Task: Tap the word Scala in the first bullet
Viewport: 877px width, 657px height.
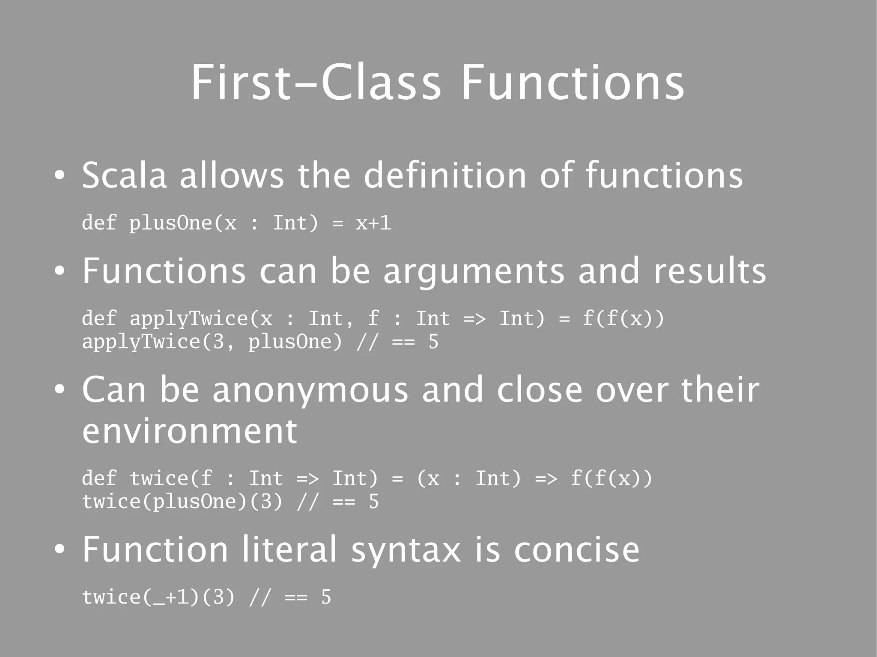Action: pos(124,175)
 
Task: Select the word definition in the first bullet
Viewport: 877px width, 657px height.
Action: pos(445,175)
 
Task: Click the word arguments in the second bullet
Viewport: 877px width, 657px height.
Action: pos(474,272)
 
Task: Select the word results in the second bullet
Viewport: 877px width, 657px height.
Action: pos(710,271)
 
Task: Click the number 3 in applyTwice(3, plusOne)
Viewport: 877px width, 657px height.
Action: pos(218,342)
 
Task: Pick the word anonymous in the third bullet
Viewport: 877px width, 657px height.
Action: pos(310,390)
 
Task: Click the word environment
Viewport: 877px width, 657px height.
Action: pos(189,431)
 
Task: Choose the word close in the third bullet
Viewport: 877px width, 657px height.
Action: pos(540,390)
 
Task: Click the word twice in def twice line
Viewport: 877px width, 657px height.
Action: pos(158,479)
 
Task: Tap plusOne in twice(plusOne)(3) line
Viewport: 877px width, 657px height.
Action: pos(194,502)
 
